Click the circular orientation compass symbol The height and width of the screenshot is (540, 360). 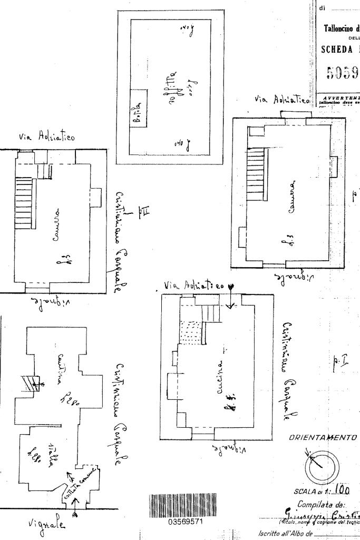pyautogui.click(x=319, y=466)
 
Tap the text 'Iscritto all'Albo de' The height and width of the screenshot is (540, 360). pyautogui.click(x=303, y=533)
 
